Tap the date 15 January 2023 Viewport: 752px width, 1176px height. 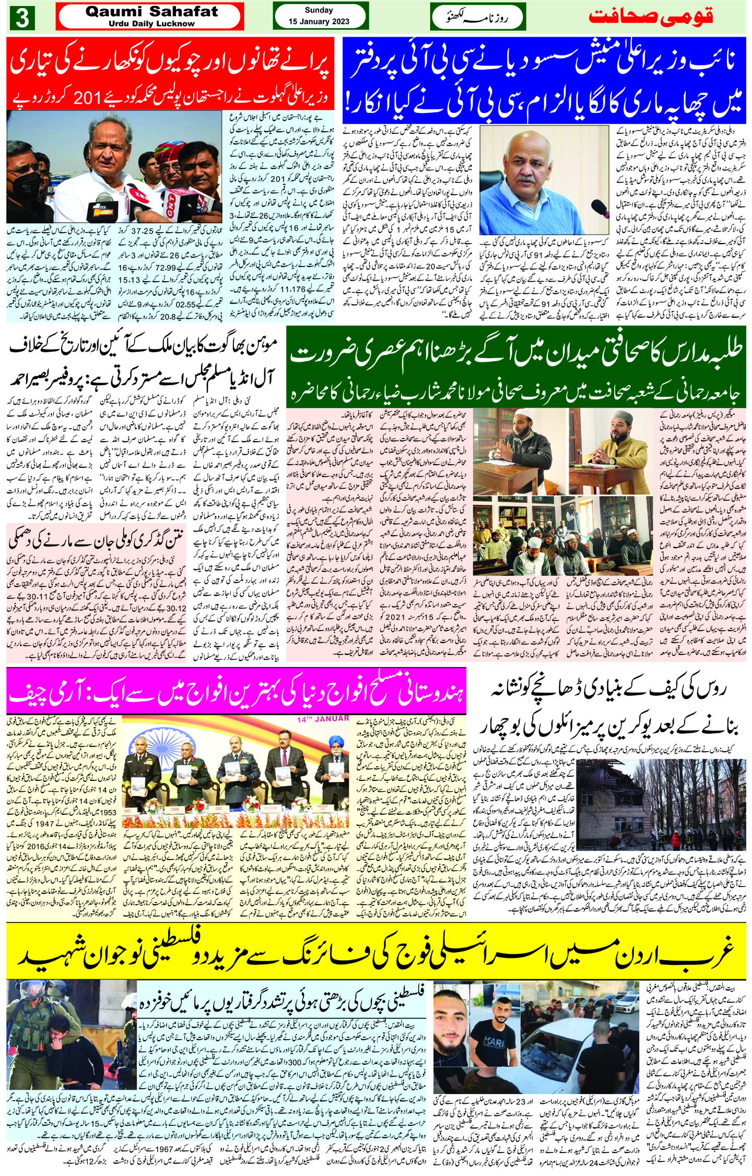point(319,22)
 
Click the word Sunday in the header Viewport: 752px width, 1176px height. point(319,10)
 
